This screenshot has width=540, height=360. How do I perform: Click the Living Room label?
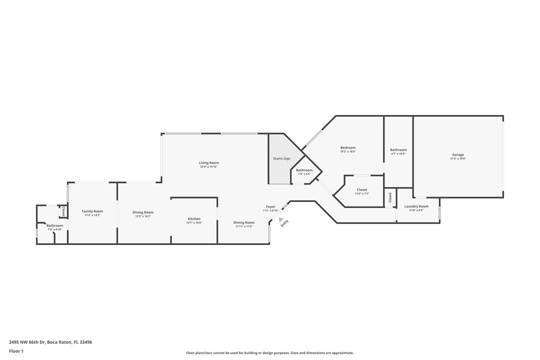click(x=208, y=162)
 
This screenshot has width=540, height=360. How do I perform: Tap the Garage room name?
click(x=458, y=155)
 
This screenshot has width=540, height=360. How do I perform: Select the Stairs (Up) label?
click(x=281, y=158)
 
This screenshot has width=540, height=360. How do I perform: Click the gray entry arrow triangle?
click(x=281, y=219)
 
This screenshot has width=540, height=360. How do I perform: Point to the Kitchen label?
click(x=194, y=218)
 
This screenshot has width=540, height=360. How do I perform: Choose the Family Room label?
click(x=92, y=211)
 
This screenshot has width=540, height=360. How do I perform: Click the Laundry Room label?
click(x=416, y=206)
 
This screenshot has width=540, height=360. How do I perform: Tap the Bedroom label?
click(x=348, y=147)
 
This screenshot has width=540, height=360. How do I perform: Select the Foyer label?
click(x=270, y=206)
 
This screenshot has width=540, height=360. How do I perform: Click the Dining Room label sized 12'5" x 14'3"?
click(x=143, y=212)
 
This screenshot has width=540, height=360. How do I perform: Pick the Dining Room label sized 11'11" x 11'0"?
click(x=244, y=222)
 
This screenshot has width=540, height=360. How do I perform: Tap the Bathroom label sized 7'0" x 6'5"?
click(x=304, y=170)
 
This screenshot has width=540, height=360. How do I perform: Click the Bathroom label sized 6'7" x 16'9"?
click(x=398, y=149)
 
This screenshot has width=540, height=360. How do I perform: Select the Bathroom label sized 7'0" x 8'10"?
click(x=55, y=225)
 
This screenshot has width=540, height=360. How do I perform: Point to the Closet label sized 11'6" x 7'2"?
click(x=362, y=189)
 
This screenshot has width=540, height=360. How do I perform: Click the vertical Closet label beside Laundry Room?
click(x=390, y=197)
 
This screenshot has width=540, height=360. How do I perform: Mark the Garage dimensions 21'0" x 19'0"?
click(x=458, y=159)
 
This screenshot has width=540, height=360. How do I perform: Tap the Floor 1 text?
click(x=16, y=351)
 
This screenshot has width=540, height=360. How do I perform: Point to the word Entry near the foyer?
click(x=284, y=223)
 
